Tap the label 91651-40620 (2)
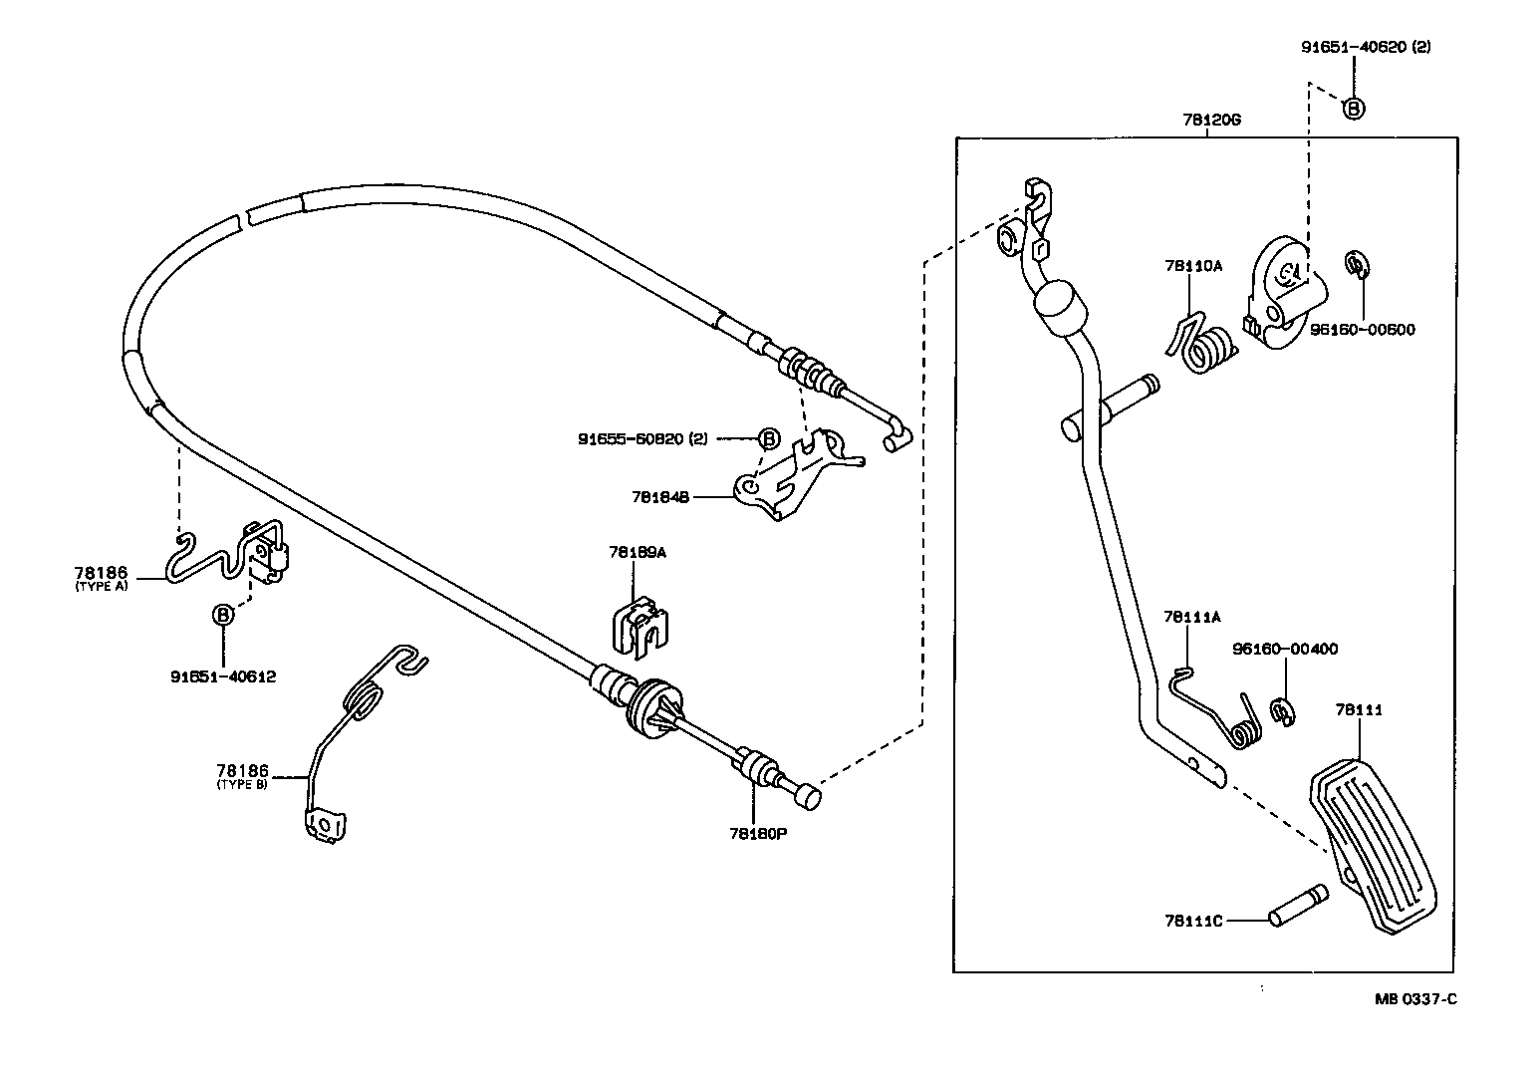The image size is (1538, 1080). point(1365,47)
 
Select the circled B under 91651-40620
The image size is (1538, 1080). point(1353,108)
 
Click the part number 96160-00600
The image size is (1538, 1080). point(1362,330)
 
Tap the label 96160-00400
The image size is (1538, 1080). point(1285,649)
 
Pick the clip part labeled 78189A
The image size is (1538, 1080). point(638,627)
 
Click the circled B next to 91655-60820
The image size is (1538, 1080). point(769,438)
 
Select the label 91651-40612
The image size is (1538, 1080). point(223,676)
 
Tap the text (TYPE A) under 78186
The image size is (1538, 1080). point(102,587)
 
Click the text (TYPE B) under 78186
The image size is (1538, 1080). point(241,785)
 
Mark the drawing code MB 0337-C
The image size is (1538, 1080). point(1415,999)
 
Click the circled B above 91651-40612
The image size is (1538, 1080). point(223,616)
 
